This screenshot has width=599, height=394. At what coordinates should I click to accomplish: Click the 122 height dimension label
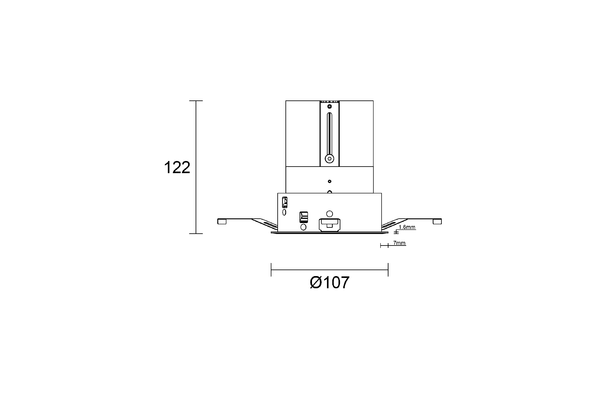[x=177, y=168]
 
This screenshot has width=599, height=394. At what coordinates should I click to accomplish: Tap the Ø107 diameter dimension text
[x=329, y=283]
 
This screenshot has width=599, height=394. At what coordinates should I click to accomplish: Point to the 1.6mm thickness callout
[x=407, y=227]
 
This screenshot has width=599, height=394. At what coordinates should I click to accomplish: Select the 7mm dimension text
[x=399, y=243]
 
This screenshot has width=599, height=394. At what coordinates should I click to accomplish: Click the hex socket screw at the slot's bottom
[x=329, y=158]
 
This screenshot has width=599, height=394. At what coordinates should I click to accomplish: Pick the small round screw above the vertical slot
[x=329, y=107]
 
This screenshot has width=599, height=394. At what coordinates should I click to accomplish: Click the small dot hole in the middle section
[x=329, y=181]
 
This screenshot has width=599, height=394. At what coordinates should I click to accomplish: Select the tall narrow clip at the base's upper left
[x=285, y=202]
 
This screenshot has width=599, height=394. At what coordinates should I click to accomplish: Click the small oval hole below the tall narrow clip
[x=284, y=212]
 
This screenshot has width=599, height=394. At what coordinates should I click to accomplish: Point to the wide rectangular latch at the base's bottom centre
[x=329, y=224]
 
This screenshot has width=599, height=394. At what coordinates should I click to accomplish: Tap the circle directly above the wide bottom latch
[x=329, y=214]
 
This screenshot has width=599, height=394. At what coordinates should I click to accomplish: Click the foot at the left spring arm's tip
[x=222, y=221]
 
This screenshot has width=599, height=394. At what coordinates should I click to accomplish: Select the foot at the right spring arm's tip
[x=437, y=221]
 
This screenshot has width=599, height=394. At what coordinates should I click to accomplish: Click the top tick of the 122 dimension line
[x=196, y=101]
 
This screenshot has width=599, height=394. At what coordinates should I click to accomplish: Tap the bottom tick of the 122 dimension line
[x=196, y=233]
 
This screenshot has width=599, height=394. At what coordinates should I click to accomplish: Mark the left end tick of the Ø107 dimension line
[x=271, y=270]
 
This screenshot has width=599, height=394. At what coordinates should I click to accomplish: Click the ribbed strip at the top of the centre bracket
[x=329, y=102]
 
